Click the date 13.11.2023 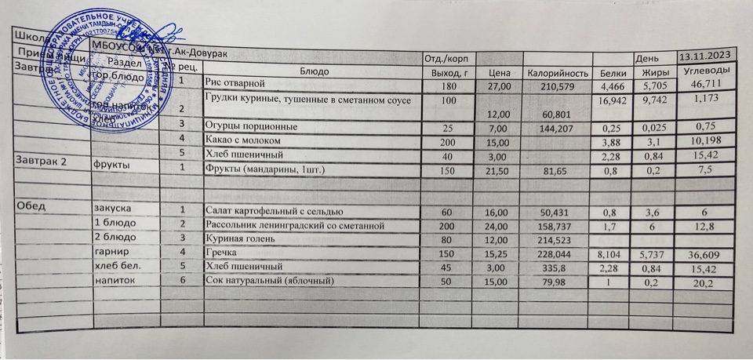(x=707, y=56)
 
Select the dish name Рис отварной (x=236, y=83)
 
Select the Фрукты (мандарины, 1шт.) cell (x=264, y=168)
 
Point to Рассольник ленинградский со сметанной (x=293, y=224)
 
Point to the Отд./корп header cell (x=445, y=59)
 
